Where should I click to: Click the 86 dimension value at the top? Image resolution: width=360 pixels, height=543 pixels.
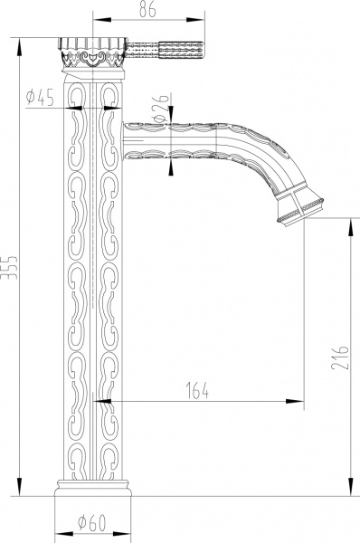[x=147, y=9]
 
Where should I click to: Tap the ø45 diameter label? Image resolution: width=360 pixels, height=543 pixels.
[x=40, y=98]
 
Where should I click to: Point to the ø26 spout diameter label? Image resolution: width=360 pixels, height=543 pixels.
[x=161, y=108]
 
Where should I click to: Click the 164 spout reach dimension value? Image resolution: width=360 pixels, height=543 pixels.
[x=198, y=390]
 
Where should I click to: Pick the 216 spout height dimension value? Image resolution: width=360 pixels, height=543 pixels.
[x=340, y=357]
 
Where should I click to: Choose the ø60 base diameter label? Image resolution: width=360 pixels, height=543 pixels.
[x=91, y=523]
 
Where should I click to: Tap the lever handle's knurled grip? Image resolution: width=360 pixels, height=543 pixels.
[x=181, y=50]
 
